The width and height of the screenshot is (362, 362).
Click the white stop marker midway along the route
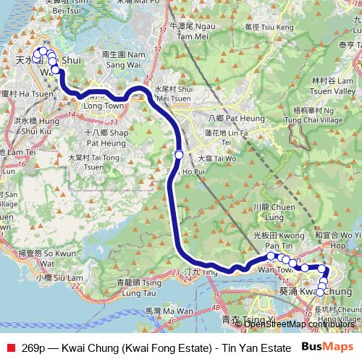tap(179, 153)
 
